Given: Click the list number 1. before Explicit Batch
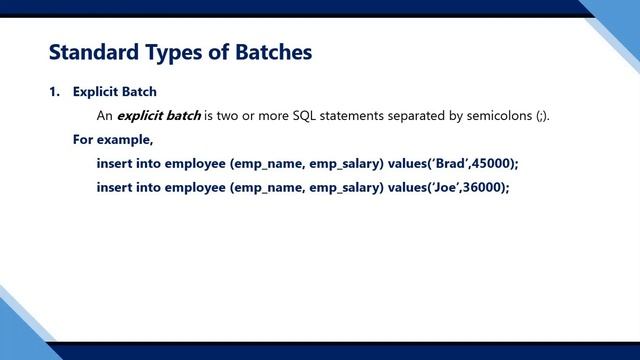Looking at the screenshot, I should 55,92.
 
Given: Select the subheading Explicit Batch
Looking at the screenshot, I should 114,92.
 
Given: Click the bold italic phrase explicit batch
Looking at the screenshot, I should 159,116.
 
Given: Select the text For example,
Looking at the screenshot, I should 112,139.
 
